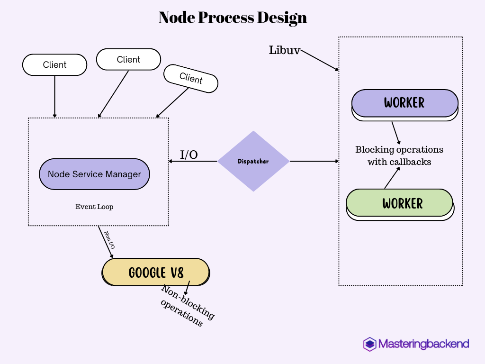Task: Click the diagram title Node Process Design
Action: point(233,18)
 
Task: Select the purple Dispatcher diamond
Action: point(253,161)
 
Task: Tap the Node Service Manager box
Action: point(94,174)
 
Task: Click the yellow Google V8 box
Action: point(156,272)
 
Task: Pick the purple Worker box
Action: point(404,103)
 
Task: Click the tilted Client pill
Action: point(191,78)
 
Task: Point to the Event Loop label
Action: point(94,207)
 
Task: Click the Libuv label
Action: point(284,50)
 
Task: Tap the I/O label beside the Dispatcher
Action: point(189,155)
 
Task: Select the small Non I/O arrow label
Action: point(109,240)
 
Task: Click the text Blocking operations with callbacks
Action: point(399,155)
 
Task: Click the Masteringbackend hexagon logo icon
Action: point(369,344)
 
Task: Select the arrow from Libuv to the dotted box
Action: point(320,60)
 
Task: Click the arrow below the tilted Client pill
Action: point(173,103)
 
